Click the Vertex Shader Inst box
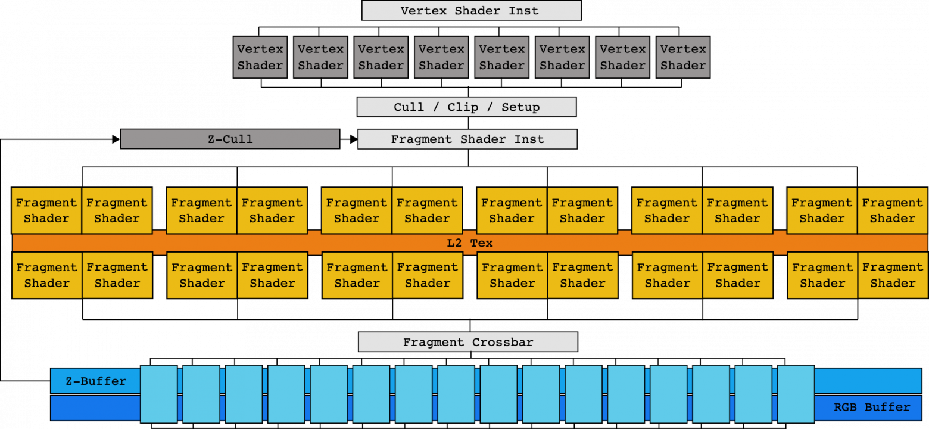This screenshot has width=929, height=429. pos(471,11)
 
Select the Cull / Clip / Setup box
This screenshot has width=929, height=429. pos(466,107)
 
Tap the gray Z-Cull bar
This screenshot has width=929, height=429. pos(230,139)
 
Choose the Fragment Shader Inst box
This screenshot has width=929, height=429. pos(467,139)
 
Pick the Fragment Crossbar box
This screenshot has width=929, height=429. pos(467,343)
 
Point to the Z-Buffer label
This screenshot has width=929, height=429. pos(96,381)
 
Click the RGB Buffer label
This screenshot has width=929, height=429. pos(872,408)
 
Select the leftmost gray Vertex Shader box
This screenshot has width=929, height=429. pos(260,57)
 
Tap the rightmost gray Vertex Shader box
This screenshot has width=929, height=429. pos(683,57)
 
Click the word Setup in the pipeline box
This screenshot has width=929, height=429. pos(520,107)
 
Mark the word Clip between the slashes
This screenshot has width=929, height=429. pos(463,107)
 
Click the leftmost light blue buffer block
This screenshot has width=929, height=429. pos(158,394)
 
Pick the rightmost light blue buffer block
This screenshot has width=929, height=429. pos(796,394)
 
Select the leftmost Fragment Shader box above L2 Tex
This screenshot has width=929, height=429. pos(46,210)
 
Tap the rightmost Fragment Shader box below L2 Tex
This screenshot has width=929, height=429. pos(892,275)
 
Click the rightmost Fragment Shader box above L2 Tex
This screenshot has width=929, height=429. pos(892,210)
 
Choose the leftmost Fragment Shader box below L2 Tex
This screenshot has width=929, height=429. pos(46,275)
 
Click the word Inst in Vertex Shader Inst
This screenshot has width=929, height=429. pos(524,11)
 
